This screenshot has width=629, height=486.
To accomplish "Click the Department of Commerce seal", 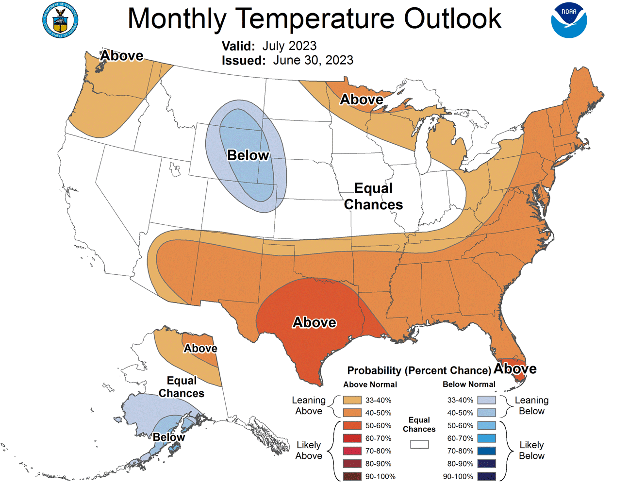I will tap(60, 20).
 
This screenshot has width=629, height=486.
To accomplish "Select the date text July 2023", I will tap(289, 46).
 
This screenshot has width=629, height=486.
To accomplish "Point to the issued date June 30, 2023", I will tap(313, 60).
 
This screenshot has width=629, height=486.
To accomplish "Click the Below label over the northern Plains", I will tap(248, 155).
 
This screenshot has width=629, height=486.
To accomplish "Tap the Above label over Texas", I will tap(314, 322).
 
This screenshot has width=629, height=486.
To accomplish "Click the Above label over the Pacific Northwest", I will tap(121, 56).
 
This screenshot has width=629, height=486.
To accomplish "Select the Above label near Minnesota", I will tap(361, 100).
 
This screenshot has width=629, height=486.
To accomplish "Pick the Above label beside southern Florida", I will tap(515, 369).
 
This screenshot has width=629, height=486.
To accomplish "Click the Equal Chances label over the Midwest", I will tap(373, 196).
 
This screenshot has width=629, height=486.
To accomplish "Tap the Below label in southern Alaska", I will tap(168, 437).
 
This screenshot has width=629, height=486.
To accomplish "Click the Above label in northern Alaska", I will tap(200, 349).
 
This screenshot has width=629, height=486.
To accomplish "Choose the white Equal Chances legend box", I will tap(419, 444).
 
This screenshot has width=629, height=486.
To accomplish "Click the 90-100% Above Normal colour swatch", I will tap(352, 476).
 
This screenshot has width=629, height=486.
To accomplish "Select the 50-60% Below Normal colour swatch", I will tap(486, 425).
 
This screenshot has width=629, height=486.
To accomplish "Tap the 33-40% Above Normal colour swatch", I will tap(352, 400).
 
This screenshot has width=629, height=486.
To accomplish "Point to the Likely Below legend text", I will tap(531, 450).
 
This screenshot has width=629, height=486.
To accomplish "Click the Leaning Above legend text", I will tap(309, 405).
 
